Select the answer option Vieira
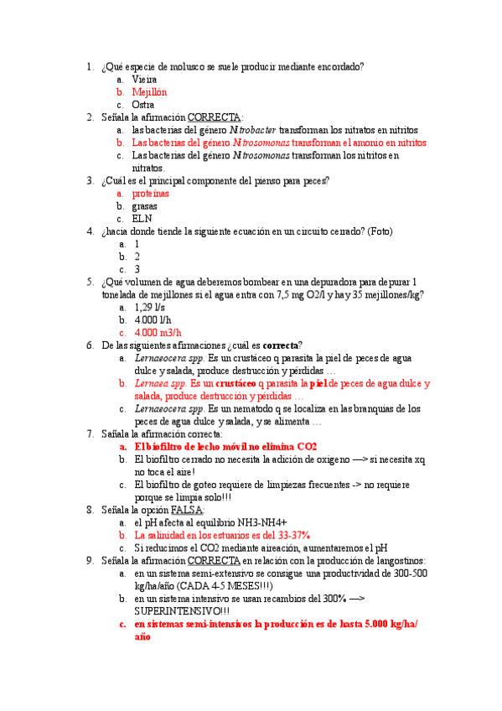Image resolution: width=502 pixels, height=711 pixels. point(144,79)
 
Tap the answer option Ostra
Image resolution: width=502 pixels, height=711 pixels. point(143,105)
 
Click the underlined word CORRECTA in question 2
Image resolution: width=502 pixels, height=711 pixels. point(215,117)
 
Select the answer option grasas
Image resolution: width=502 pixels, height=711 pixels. point(145,205)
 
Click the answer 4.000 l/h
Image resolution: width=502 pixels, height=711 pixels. point(151,319)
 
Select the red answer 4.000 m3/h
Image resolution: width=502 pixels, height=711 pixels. point(158,332)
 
